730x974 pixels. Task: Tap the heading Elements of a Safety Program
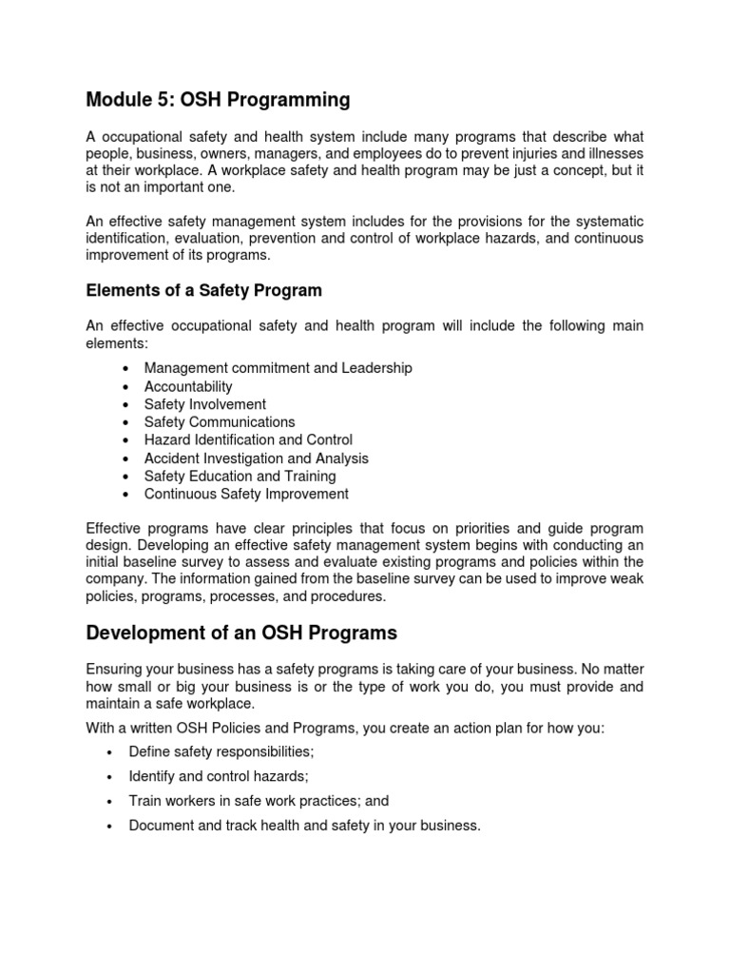pyautogui.click(x=203, y=290)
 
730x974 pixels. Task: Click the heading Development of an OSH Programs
pyautogui.click(x=241, y=633)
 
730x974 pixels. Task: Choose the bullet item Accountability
pyautogui.click(x=188, y=386)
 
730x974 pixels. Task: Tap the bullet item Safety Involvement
pyautogui.click(x=205, y=404)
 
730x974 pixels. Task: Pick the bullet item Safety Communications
pyautogui.click(x=220, y=421)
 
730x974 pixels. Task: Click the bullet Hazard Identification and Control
pyautogui.click(x=248, y=439)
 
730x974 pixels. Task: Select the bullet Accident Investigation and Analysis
pyautogui.click(x=256, y=458)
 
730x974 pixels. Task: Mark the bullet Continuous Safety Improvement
pyautogui.click(x=246, y=494)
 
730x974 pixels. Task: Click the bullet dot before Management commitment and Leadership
pyautogui.click(x=126, y=369)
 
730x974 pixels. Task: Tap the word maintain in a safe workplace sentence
pyautogui.click(x=114, y=703)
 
